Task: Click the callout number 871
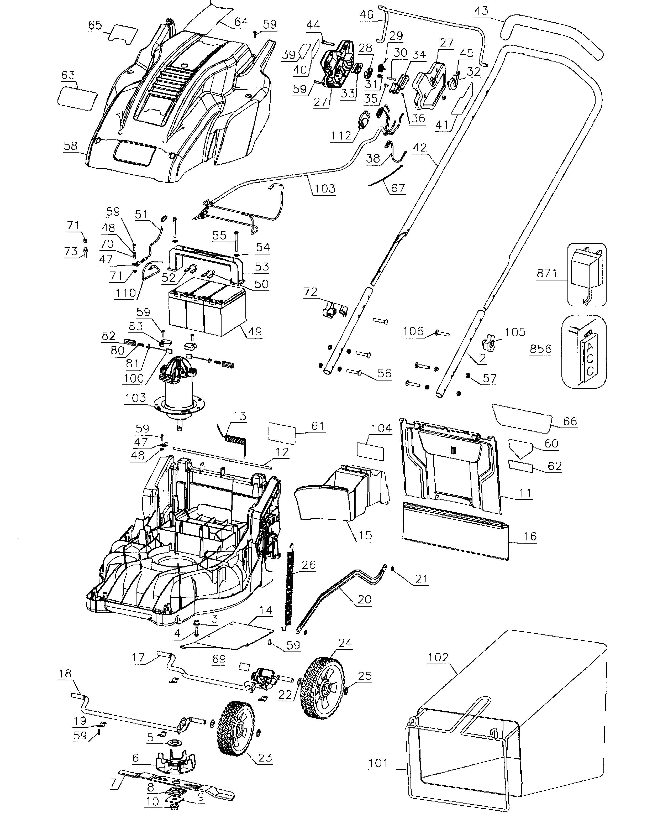[x=547, y=273]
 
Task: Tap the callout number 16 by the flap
[x=530, y=536]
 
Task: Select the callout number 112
[x=341, y=136]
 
